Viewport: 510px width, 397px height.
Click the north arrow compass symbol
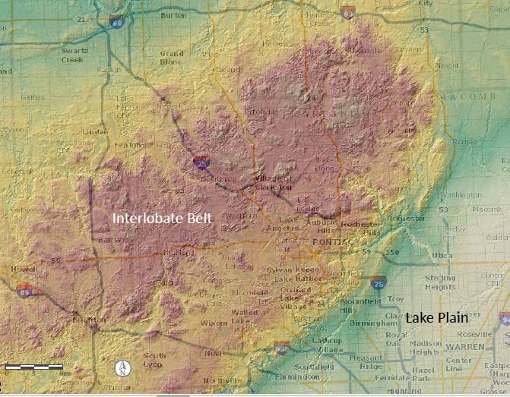[x=119, y=369]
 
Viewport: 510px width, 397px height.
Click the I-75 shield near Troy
[x=378, y=282]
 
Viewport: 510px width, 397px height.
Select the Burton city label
[x=173, y=14]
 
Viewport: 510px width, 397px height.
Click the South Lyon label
[x=154, y=360]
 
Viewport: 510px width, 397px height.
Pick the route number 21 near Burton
[x=81, y=18]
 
